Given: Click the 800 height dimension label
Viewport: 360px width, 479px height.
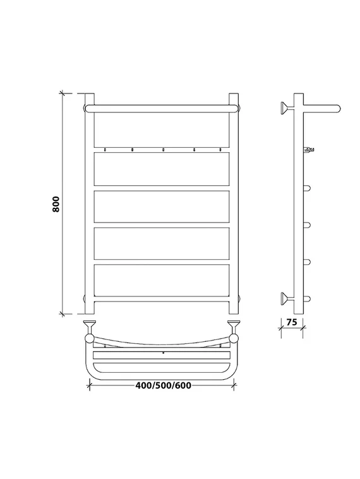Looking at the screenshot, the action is (x=56, y=203).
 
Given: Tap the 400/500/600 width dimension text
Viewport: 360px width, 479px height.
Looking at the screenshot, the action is (x=164, y=385).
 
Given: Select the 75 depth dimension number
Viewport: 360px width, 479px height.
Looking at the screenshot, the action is (x=292, y=322).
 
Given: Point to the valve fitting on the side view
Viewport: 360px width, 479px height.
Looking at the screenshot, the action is (x=309, y=149).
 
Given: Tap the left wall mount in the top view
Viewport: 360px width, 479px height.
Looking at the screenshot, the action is (x=90, y=326).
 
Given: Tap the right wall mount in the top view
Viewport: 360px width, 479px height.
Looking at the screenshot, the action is (x=234, y=326).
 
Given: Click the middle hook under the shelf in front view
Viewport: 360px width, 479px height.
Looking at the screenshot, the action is (x=163, y=150).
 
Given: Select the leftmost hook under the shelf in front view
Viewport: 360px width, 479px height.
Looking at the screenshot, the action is (x=105, y=150).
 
